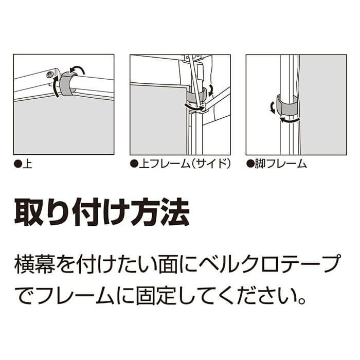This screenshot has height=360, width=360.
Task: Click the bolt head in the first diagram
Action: click(x=50, y=74)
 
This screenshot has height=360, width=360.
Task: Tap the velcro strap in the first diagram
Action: click(x=66, y=83)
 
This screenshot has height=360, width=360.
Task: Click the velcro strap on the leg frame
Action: click(x=286, y=106)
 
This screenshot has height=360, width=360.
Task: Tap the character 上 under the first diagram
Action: click(x=27, y=164)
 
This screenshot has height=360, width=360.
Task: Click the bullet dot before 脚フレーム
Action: click(x=250, y=164)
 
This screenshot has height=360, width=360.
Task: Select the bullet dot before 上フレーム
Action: click(x=134, y=164)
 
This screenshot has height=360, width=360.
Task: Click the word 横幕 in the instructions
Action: click(x=35, y=264)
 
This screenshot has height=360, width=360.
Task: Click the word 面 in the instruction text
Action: click(x=168, y=264)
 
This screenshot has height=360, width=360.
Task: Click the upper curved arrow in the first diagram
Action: click(x=77, y=68)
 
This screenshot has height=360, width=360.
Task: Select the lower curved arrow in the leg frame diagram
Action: click(x=290, y=120)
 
